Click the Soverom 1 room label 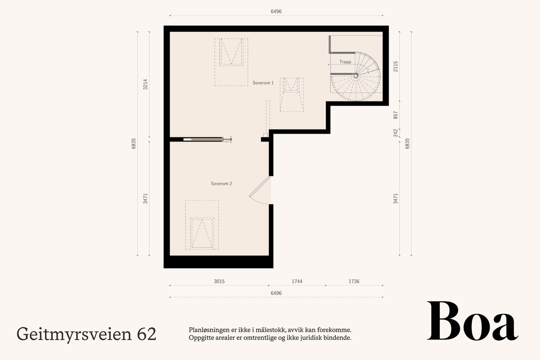tap(263, 83)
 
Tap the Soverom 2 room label tap(221, 184)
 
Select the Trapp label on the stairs tap(345, 62)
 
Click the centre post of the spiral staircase tap(356, 76)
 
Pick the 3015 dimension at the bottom tap(219, 281)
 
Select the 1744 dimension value tap(297, 281)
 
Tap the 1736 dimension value tap(354, 281)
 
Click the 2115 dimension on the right tap(396, 66)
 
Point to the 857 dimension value tap(396, 115)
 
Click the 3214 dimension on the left tap(145, 84)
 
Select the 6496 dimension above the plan tap(276, 11)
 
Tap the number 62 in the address tap(147, 334)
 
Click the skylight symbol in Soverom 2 tap(202, 233)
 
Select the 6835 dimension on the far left tap(134, 143)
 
